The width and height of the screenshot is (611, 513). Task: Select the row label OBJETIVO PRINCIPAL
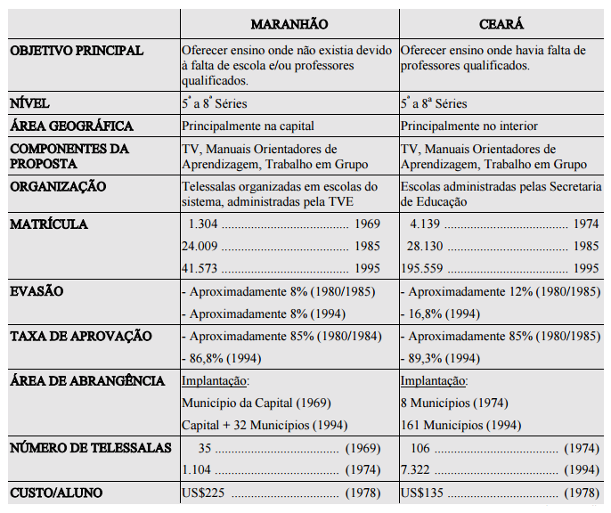76,51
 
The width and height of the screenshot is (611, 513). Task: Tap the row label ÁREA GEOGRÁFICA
71,126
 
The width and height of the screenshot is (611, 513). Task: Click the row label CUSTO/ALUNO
55,493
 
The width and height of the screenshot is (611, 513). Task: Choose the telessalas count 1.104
197,469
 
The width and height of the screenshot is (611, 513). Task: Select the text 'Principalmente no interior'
469,126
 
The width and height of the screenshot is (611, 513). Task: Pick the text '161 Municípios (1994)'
462,425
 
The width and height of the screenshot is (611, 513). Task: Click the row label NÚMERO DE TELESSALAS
88,447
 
